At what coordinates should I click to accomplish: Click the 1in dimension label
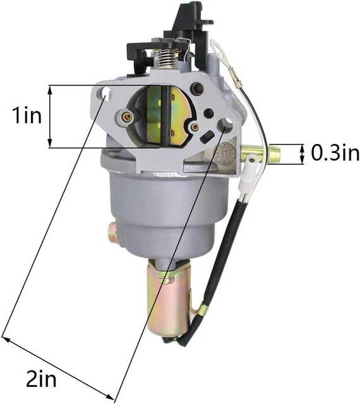click(x=27, y=116)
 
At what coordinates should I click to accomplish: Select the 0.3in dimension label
click(x=335, y=153)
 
